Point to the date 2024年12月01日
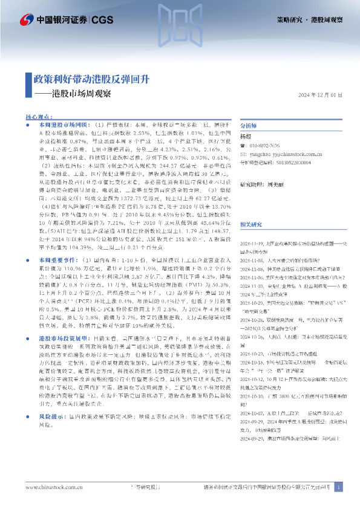(321, 96)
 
